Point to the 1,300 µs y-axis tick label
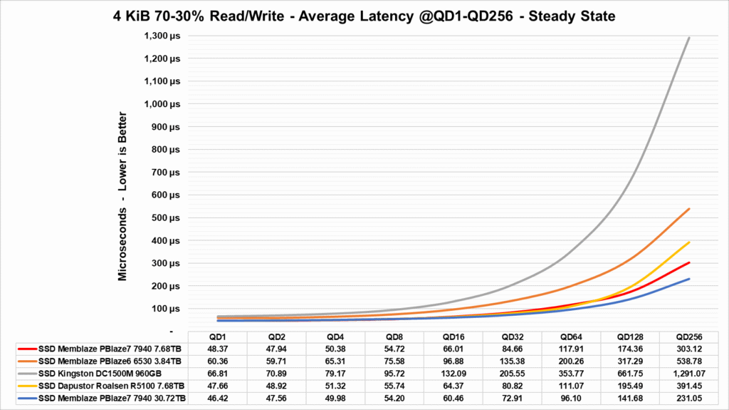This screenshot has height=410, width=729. (x=163, y=36)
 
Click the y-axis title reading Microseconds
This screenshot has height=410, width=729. (x=123, y=196)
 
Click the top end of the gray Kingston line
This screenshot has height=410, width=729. (x=689, y=38)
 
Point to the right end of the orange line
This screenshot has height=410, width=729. (x=689, y=209)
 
